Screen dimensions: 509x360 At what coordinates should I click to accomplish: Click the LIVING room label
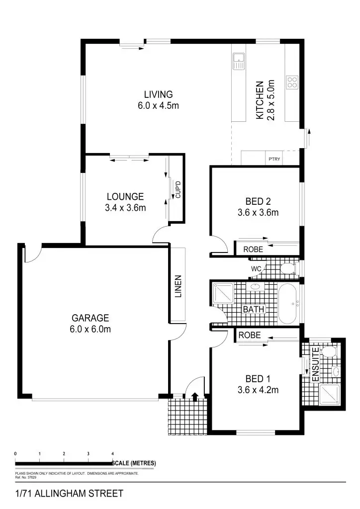tap(158, 94)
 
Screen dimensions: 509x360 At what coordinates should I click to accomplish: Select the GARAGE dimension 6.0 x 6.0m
tap(90, 329)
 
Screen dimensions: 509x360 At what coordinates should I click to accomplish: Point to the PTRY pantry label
tap(274, 160)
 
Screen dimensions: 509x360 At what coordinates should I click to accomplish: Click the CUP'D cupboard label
tap(177, 189)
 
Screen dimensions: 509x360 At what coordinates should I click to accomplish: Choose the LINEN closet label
tap(178, 286)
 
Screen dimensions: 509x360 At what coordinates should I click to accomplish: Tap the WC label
tap(256, 269)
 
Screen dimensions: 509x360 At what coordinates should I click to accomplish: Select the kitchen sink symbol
tap(239, 61)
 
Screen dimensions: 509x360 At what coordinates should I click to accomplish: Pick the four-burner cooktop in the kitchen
tap(292, 82)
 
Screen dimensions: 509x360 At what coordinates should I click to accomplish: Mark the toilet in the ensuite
tap(328, 351)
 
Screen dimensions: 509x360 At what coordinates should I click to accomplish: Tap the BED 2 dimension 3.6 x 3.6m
tap(258, 213)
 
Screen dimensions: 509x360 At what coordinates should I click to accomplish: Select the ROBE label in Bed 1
tap(250, 336)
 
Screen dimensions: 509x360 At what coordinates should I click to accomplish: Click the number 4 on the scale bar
tap(113, 454)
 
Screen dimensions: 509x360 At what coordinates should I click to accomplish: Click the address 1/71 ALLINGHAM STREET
tap(69, 494)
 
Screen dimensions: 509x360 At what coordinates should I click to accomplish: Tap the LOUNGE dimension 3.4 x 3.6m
tap(125, 208)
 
